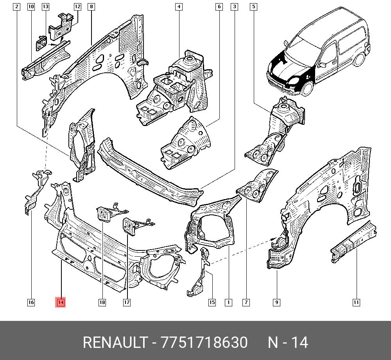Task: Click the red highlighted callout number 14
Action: (x=61, y=302)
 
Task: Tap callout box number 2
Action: (x=16, y=7)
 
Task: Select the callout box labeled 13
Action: (x=45, y=7)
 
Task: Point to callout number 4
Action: (x=179, y=7)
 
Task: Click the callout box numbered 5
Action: (x=253, y=7)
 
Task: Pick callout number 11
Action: (x=356, y=302)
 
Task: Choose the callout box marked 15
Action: (x=212, y=302)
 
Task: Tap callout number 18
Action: (x=102, y=302)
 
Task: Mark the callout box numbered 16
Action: (x=31, y=302)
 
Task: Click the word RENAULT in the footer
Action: (x=115, y=342)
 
